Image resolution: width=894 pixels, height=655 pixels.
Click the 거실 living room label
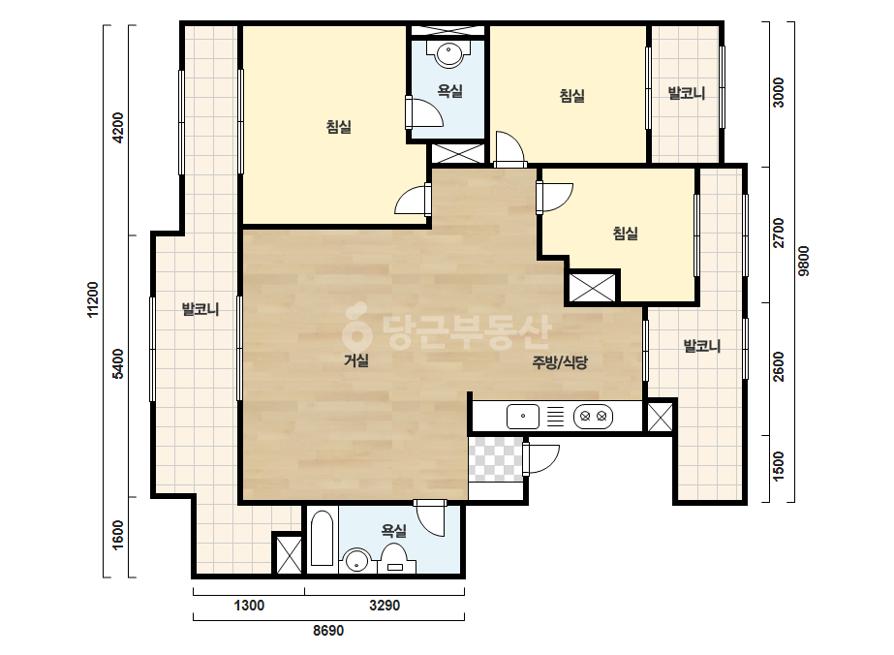point(356,360)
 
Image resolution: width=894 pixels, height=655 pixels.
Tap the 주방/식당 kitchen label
point(560,362)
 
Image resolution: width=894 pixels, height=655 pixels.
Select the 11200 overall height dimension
point(92,299)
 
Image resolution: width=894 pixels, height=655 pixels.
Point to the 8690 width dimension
point(328,631)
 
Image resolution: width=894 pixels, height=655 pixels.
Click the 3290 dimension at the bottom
point(385,606)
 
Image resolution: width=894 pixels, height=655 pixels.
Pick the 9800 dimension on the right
point(803,262)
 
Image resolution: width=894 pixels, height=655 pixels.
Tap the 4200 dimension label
point(117,128)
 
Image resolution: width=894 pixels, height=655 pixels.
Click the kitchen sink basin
point(523,417)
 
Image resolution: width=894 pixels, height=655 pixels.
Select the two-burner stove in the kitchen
point(593,417)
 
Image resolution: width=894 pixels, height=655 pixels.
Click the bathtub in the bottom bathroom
point(323,538)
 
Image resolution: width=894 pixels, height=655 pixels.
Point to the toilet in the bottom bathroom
point(394,558)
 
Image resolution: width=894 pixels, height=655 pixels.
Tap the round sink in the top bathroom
point(449,55)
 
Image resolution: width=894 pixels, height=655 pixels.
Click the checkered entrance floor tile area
point(496,459)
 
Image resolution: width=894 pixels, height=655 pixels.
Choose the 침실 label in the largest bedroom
point(339,127)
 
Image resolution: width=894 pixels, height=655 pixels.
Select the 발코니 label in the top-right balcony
point(687,93)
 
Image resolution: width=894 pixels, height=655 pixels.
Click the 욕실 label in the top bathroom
point(449,91)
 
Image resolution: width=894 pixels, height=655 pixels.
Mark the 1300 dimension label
point(249,606)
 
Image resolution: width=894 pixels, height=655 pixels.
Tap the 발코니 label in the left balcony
point(200,309)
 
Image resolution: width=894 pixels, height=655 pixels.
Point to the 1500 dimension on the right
point(779,467)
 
